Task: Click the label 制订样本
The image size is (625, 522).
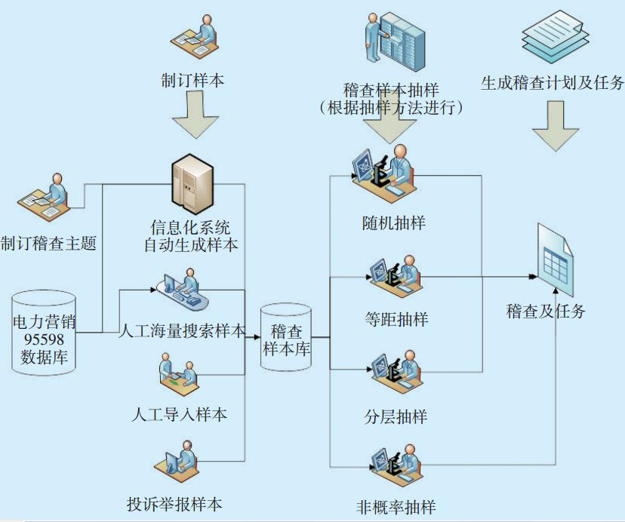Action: tap(192, 81)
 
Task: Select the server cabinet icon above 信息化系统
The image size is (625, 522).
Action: tap(192, 183)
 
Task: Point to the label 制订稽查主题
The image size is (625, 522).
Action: tap(48, 244)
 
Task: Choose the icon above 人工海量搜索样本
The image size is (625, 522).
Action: tap(182, 290)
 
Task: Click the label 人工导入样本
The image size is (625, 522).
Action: tap(179, 415)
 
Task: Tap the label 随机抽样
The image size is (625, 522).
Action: tap(393, 223)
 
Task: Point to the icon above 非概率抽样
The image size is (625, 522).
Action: tap(394, 464)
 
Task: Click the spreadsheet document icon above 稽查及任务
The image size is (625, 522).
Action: tap(557, 264)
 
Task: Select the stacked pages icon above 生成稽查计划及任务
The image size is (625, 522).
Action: tap(554, 36)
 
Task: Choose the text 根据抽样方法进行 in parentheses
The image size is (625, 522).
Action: tap(391, 108)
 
